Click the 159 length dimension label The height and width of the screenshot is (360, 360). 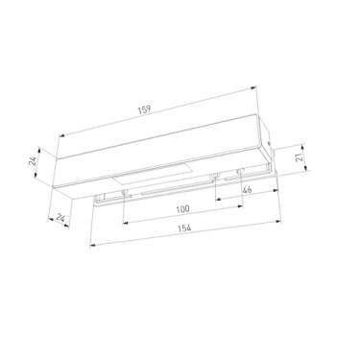144,110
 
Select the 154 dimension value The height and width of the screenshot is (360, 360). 184,228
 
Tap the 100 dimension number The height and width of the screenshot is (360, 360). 182,209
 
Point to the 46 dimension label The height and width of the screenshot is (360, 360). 247,189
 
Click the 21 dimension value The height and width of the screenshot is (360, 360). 300,156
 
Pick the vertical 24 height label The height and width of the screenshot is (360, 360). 33,162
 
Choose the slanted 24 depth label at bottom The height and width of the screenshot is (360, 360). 60,218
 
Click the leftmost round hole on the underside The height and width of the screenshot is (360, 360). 125,192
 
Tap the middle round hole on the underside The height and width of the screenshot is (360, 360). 213,177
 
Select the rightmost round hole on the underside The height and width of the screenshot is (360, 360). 240,172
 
